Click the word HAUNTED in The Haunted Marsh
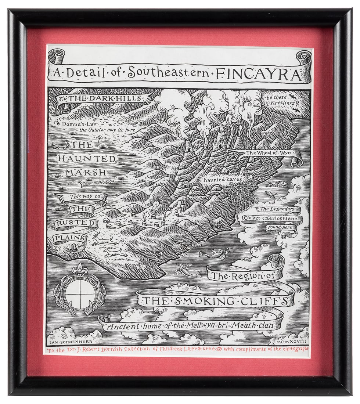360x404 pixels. (87, 159)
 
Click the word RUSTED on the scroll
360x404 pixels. (76, 224)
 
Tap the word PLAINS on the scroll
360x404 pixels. (69, 238)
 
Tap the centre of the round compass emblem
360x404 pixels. (80, 294)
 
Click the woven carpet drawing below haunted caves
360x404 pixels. (239, 198)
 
